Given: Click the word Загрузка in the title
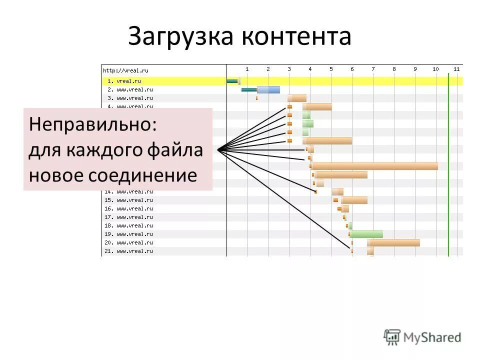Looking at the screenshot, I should click(x=181, y=37).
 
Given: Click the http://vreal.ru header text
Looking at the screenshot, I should click(x=125, y=70).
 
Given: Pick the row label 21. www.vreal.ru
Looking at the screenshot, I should click(x=128, y=251).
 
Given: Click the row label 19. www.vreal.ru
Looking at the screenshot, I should click(x=128, y=234).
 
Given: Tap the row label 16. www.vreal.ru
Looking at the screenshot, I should click(x=128, y=208).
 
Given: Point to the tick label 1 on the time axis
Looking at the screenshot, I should click(x=247, y=69).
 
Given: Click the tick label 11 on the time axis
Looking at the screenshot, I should click(x=456, y=69).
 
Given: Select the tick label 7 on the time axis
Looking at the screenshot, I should click(x=373, y=69).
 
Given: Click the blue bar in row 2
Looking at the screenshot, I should click(x=269, y=90).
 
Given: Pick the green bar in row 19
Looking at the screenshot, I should click(x=367, y=234).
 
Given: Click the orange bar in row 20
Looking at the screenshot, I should click(x=394, y=242).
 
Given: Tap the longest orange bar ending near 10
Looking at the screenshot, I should click(x=375, y=166).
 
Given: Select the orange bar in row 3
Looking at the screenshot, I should click(x=297, y=98).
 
